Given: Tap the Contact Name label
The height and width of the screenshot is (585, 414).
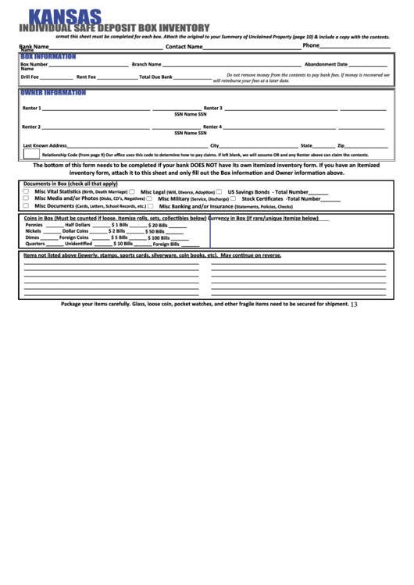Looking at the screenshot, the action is [x=184, y=47].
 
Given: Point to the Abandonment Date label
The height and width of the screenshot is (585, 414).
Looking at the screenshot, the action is [x=326, y=64].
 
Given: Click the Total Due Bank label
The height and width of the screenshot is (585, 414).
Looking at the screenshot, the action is [x=155, y=77].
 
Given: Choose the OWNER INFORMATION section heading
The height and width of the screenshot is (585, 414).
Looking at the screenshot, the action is [x=52, y=92].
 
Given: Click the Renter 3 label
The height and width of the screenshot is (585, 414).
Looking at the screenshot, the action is [x=212, y=108].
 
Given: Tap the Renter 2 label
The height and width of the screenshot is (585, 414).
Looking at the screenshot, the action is [x=31, y=127].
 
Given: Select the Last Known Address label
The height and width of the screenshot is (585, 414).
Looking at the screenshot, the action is [x=45, y=145].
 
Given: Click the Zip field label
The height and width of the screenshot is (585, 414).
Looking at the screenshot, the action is [x=341, y=145].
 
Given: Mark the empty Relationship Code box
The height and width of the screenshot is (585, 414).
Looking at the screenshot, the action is [x=31, y=154].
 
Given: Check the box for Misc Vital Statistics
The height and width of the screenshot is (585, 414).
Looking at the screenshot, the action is [x=26, y=191].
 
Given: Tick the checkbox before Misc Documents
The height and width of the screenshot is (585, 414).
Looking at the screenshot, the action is [x=26, y=206].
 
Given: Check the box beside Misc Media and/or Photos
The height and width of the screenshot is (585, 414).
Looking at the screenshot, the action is [x=26, y=198].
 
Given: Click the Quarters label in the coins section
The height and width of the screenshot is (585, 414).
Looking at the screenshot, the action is [x=35, y=244].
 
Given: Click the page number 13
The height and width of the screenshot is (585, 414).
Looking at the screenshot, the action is [x=354, y=305].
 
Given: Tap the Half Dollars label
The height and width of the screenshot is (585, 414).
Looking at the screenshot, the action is [x=78, y=225].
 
